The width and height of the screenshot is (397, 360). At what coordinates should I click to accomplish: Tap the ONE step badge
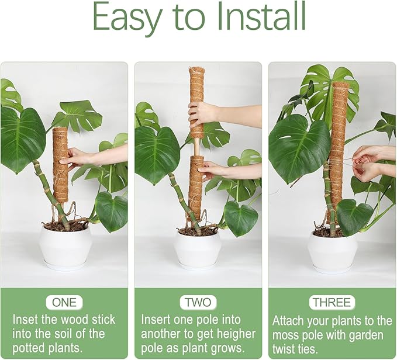[64, 303]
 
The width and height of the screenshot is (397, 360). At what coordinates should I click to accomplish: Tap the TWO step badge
[198, 303]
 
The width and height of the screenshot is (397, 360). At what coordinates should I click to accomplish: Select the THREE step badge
[332, 303]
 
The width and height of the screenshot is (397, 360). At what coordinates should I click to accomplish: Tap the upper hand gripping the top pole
[202, 113]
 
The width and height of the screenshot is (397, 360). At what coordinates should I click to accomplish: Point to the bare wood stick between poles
[196, 148]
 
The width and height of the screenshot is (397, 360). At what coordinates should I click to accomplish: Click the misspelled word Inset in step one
[27, 320]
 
